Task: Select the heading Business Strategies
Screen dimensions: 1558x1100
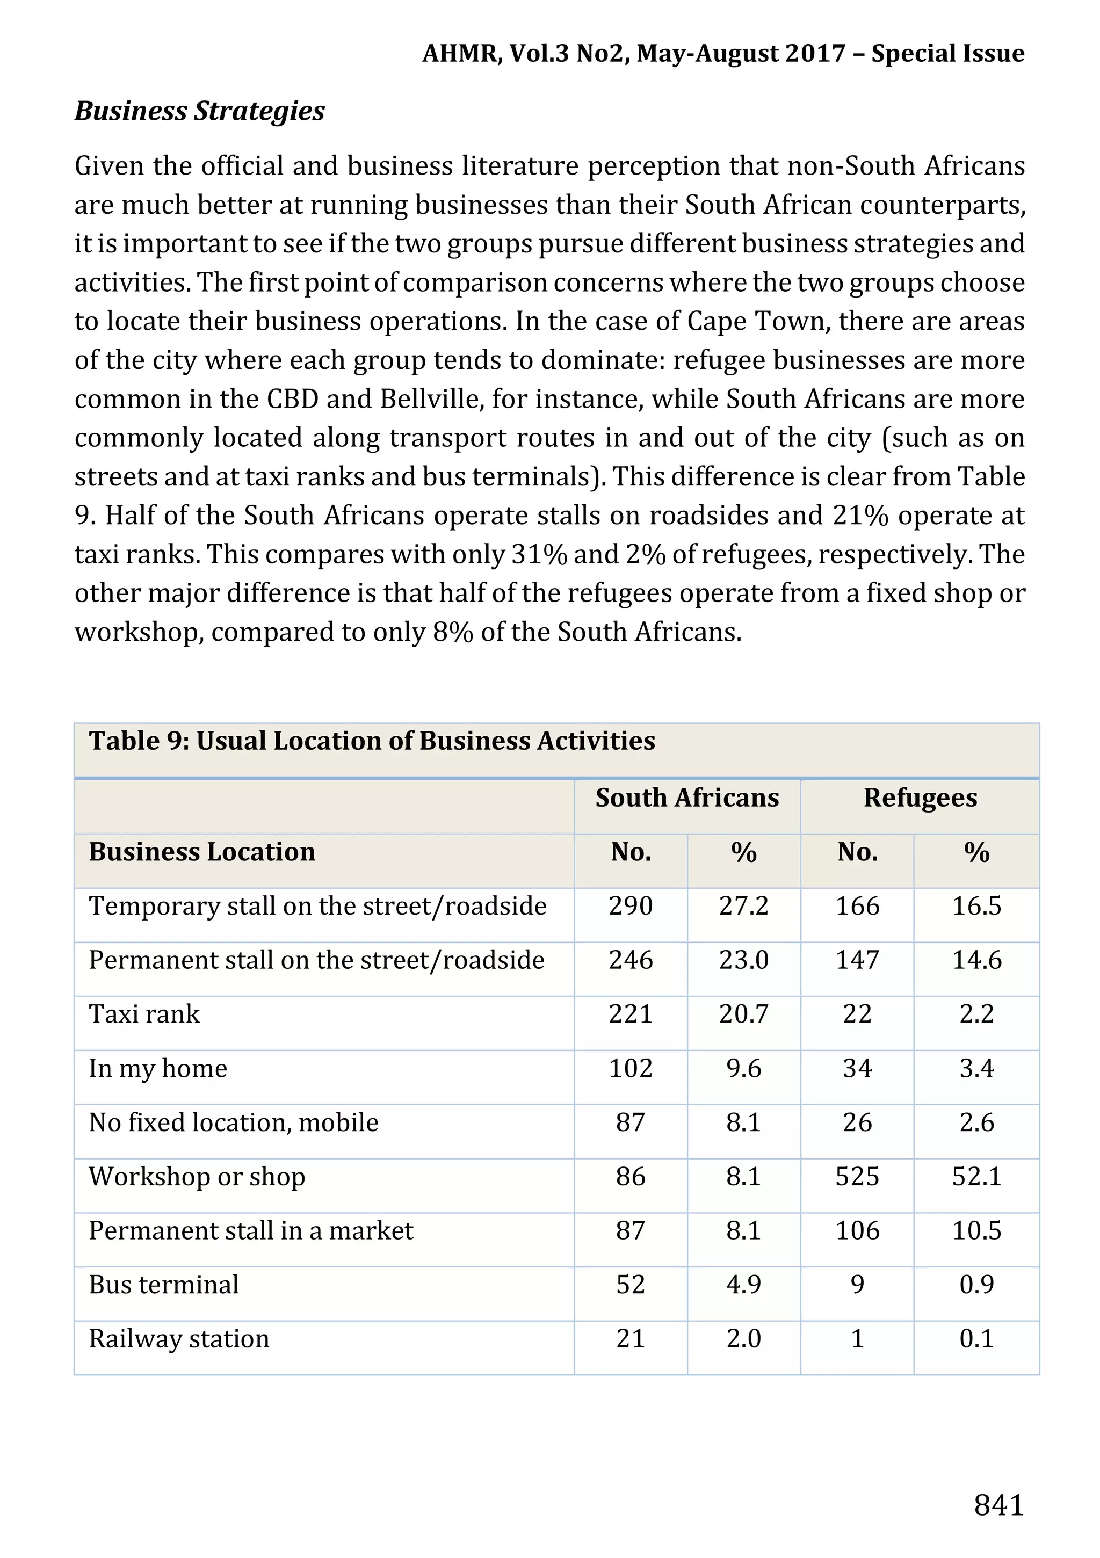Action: pos(199,111)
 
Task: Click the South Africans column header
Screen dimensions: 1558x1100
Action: pos(687,798)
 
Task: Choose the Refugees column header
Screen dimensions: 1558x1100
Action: pos(920,798)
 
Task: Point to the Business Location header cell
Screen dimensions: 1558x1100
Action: pos(201,852)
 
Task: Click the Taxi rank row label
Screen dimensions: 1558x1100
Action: pos(144,1014)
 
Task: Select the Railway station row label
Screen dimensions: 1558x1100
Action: pos(179,1339)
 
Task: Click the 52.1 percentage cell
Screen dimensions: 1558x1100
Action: pos(976,1176)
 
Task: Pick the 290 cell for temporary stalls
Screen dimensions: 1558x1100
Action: pos(631,906)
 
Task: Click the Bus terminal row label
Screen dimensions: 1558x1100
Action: pos(163,1285)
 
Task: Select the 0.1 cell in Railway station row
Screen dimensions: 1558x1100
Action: pos(976,1339)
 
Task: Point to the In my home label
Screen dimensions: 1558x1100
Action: pos(157,1068)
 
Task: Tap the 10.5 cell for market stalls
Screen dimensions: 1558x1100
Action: pos(976,1230)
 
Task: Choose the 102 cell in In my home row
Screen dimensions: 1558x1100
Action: pos(631,1068)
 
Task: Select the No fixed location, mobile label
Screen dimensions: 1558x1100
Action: pos(234,1122)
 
